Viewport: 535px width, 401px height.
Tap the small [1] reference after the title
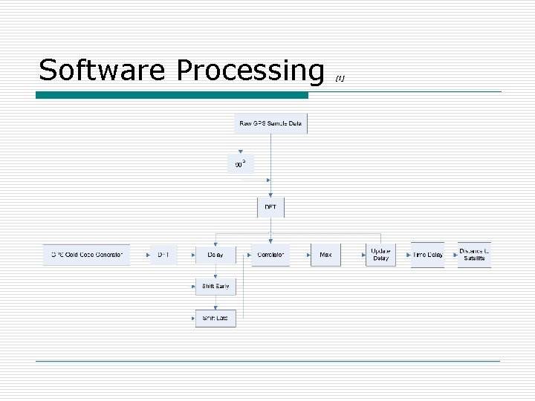click(x=340, y=76)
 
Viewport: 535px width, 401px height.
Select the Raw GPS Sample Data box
click(x=270, y=123)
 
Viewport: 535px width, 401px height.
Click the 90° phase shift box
click(x=240, y=164)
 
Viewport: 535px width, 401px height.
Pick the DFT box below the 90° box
click(x=270, y=207)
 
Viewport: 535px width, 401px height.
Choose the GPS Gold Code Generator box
click(x=86, y=255)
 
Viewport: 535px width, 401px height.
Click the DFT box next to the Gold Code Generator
click(x=163, y=255)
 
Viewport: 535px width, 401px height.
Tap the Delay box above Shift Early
click(x=215, y=255)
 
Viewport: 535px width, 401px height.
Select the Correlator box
click(x=270, y=255)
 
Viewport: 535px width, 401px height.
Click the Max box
click(x=325, y=255)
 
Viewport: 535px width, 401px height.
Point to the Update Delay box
click(x=380, y=255)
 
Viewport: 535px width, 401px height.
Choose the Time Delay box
click(x=427, y=255)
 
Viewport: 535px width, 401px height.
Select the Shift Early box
click(x=215, y=286)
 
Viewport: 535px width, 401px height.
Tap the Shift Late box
click(x=215, y=319)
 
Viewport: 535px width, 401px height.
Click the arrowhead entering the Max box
click(x=308, y=255)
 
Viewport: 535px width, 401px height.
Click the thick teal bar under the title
click(x=172, y=95)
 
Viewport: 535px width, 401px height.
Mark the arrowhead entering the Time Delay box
click(x=409, y=255)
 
